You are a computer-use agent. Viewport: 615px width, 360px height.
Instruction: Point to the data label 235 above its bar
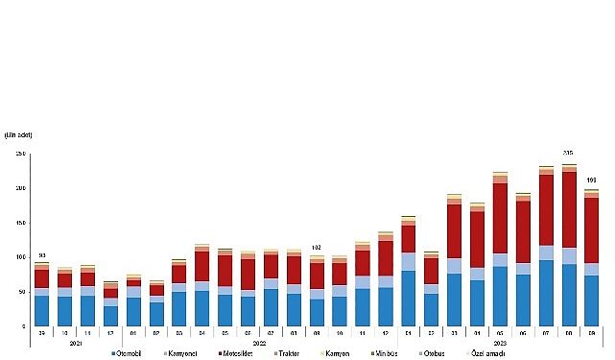568,154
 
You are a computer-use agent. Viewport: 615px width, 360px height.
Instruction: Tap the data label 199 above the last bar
592,180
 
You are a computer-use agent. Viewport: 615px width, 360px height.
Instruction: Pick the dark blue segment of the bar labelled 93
41,311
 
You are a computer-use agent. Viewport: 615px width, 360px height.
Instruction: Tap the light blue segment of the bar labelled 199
592,269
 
